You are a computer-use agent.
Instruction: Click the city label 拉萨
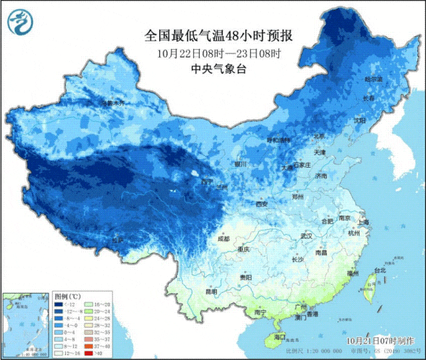117,240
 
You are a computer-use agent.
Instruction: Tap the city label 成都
223,238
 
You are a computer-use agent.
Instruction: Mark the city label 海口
280,337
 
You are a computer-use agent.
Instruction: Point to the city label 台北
379,271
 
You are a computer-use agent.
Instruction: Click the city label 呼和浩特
279,140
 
